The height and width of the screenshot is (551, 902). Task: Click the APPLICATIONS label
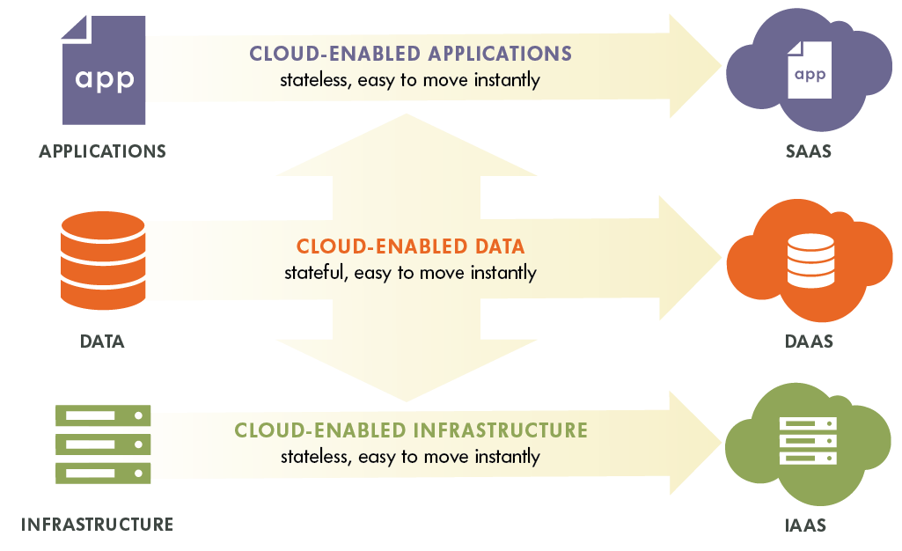pyautogui.click(x=102, y=151)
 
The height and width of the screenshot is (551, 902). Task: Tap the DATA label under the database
pyautogui.click(x=102, y=342)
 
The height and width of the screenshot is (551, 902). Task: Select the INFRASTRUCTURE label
pyautogui.click(x=97, y=525)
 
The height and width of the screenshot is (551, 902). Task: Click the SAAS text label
pyautogui.click(x=808, y=151)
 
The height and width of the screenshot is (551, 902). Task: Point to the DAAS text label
pyautogui.click(x=808, y=342)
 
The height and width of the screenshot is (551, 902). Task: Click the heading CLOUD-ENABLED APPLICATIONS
pyautogui.click(x=410, y=54)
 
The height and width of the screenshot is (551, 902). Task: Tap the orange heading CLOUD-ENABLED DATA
pyautogui.click(x=410, y=246)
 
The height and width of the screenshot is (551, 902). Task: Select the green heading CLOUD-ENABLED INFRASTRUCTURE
pyautogui.click(x=410, y=430)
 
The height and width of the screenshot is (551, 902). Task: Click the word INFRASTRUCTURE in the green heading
pyautogui.click(x=500, y=430)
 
